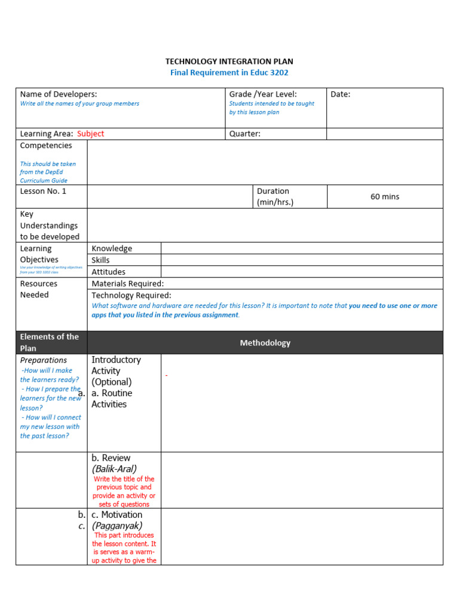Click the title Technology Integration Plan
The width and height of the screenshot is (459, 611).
pos(229,61)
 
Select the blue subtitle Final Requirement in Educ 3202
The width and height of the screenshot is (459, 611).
pos(229,73)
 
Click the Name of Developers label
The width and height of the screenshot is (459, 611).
pos(59,94)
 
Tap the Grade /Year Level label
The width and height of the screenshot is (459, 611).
pos(263,94)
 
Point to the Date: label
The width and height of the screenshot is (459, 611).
pos(341,94)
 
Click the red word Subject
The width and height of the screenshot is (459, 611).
pos(90,134)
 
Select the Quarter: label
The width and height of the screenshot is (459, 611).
pos(245,134)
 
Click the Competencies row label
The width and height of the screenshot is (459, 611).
pos(46,146)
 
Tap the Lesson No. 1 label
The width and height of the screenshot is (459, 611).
pos(44,191)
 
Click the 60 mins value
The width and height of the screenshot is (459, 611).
pos(385,196)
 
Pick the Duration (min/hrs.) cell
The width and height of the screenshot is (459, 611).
pos(275,196)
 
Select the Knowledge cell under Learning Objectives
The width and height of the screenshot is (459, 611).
pos(112,248)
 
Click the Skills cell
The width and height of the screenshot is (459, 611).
pos(100,260)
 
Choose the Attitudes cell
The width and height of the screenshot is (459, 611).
pos(108,272)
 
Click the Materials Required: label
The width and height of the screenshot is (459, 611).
pos(127,283)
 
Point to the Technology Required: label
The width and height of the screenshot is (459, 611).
pos(131,295)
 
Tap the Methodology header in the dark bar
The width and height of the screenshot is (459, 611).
pos(265,342)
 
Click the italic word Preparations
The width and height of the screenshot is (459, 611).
pos(44,360)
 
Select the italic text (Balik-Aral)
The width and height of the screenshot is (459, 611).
pos(114,469)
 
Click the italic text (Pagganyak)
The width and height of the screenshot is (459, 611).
pos(117,526)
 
